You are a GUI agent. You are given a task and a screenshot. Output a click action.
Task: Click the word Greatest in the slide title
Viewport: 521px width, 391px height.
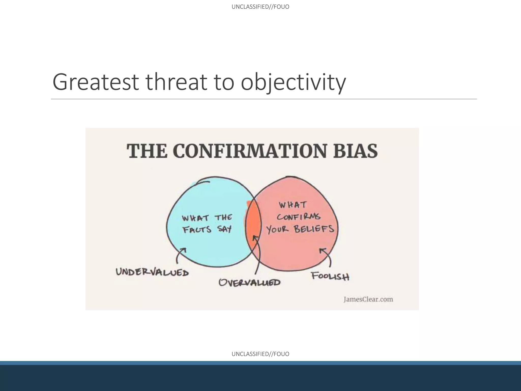pos(95,82)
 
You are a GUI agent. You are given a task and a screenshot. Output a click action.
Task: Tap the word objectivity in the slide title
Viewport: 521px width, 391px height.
pos(293,82)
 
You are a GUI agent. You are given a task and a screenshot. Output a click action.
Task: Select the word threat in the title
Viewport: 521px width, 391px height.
pos(177,82)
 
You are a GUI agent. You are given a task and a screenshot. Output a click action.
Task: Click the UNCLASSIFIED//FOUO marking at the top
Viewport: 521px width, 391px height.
pos(260,7)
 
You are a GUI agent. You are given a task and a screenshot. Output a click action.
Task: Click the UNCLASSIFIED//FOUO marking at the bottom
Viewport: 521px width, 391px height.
pos(260,354)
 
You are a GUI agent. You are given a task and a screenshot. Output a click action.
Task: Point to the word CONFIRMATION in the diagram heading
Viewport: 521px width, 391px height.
pos(250,151)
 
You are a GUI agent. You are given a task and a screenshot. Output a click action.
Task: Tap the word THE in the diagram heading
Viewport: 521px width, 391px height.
pos(147,151)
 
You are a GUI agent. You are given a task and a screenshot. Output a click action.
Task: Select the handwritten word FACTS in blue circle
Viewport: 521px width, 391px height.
pos(197,229)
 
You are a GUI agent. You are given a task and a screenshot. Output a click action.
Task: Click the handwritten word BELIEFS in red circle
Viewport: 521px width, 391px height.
pos(314,229)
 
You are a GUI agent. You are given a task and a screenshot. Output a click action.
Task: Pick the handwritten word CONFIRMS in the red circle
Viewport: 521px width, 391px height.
pos(299,217)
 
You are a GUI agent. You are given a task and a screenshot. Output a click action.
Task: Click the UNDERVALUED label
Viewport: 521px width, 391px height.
pos(152,272)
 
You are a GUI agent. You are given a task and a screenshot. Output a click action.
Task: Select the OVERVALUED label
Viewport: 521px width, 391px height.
pos(249,282)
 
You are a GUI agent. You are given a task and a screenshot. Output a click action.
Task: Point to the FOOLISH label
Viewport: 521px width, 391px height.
pos(330,276)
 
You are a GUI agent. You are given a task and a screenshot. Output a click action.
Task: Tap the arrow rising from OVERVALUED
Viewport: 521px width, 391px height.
pos(258,255)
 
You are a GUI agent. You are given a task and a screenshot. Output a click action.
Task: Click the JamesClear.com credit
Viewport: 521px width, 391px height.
pos(368,299)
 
